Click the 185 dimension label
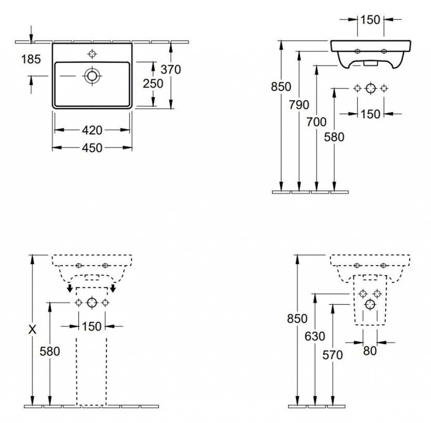(31, 59)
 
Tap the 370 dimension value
(171, 69)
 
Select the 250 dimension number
(153, 83)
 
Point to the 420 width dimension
(92, 130)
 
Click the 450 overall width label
(92, 148)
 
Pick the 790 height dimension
(299, 104)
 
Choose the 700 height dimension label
(317, 122)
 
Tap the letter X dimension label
(32, 329)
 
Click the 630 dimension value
(315, 336)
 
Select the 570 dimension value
(333, 355)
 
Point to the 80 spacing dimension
(370, 351)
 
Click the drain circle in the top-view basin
(92, 76)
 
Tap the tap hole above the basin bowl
(92, 53)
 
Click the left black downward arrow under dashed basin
(70, 288)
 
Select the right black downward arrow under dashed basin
(113, 288)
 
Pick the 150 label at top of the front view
(370, 20)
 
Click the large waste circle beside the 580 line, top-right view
(370, 88)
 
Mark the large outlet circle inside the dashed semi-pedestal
(370, 304)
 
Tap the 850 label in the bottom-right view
(297, 319)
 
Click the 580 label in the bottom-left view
(50, 351)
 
